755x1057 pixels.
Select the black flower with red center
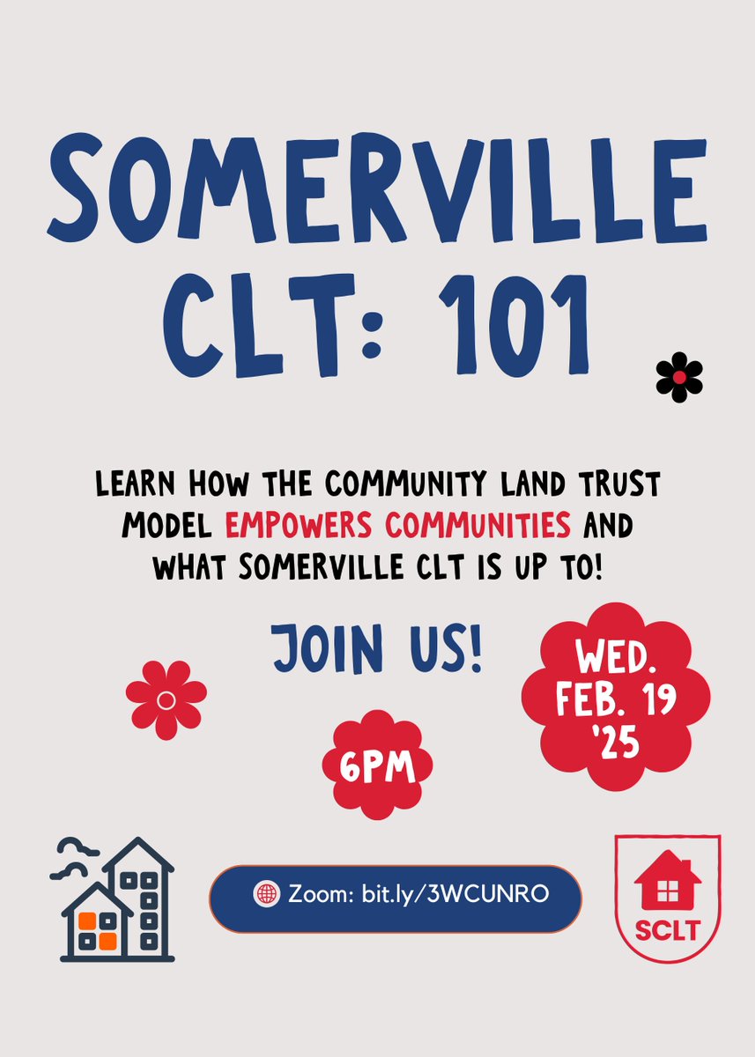(x=679, y=378)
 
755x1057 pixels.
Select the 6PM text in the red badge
(x=377, y=764)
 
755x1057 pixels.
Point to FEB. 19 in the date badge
(x=617, y=700)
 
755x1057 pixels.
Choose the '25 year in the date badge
(x=617, y=743)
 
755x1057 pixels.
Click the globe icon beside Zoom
(x=265, y=894)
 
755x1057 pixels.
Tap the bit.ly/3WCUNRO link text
(x=455, y=894)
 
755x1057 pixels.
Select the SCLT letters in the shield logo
(x=667, y=929)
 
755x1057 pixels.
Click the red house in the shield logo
(x=667, y=881)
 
